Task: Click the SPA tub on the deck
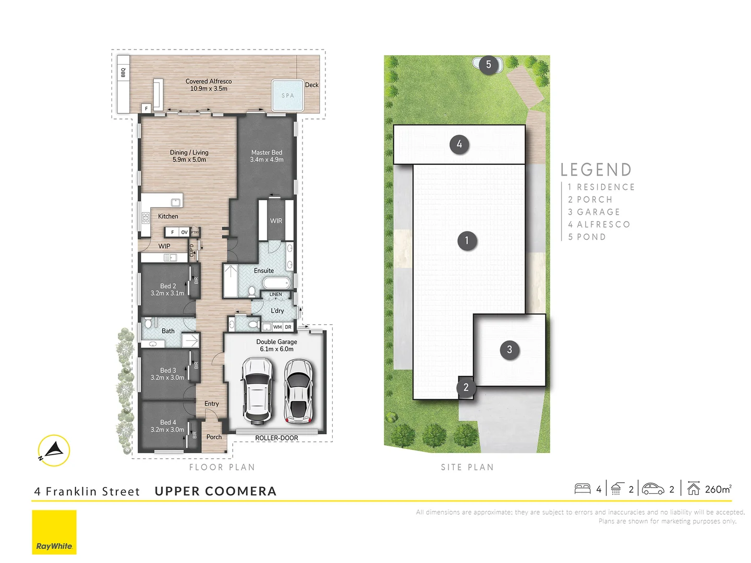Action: point(287,95)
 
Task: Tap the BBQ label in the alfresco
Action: point(123,72)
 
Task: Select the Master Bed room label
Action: point(267,156)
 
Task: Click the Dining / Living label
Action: point(189,156)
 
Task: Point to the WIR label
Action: point(276,221)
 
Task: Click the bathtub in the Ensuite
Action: point(276,284)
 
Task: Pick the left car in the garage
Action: point(257,391)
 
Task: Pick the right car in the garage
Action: point(298,391)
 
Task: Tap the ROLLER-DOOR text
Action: point(276,438)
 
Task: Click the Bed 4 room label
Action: point(167,426)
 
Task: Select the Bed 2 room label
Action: point(167,289)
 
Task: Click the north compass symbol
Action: point(54,450)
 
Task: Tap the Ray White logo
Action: point(54,532)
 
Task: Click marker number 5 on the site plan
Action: point(489,65)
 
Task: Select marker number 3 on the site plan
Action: point(510,350)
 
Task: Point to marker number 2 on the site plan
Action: point(466,387)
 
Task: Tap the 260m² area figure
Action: point(718,489)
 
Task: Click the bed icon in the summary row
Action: point(582,489)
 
